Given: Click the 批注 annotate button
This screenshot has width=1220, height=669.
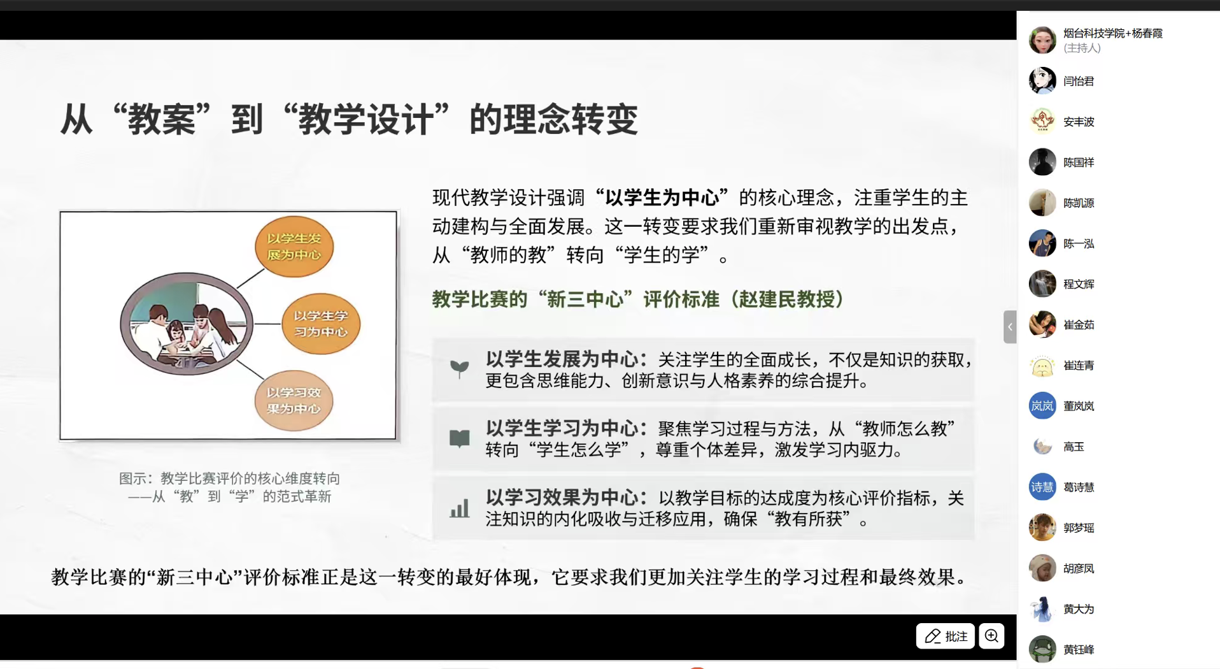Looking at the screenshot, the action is point(945,636).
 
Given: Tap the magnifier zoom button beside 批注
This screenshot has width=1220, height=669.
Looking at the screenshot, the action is point(991,636).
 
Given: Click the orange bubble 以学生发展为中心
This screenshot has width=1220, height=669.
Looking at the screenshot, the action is point(294,247).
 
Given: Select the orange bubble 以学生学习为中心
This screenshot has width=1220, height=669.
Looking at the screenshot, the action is point(321,324).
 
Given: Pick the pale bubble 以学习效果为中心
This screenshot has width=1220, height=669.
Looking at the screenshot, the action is point(294,401).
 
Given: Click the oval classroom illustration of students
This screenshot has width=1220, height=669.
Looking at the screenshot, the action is point(187,324).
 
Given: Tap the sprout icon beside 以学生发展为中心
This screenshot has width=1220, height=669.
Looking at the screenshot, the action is point(459,368).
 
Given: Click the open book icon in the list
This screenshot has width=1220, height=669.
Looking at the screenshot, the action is point(459,438).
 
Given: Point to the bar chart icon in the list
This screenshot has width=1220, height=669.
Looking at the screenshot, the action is point(459,508).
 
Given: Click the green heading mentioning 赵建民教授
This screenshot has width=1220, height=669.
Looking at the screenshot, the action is point(638,299).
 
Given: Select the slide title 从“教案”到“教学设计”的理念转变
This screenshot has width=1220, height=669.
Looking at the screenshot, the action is point(349,119).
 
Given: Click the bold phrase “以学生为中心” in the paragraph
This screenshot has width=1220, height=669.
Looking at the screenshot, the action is point(662,198).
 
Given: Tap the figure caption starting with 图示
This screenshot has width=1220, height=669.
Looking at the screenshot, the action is point(229,487).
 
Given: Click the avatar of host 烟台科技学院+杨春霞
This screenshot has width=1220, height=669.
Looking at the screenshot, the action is point(1042,40).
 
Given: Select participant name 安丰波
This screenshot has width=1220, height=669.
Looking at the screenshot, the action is point(1079,122).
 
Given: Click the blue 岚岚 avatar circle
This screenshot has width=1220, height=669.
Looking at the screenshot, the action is point(1042,406).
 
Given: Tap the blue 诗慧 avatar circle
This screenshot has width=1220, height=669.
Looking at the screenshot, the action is point(1042,487).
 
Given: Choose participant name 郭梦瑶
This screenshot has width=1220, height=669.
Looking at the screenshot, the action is point(1079,528).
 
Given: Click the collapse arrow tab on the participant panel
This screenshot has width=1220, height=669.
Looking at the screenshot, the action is point(1010,327).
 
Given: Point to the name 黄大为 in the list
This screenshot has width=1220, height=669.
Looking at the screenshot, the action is point(1079,609).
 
